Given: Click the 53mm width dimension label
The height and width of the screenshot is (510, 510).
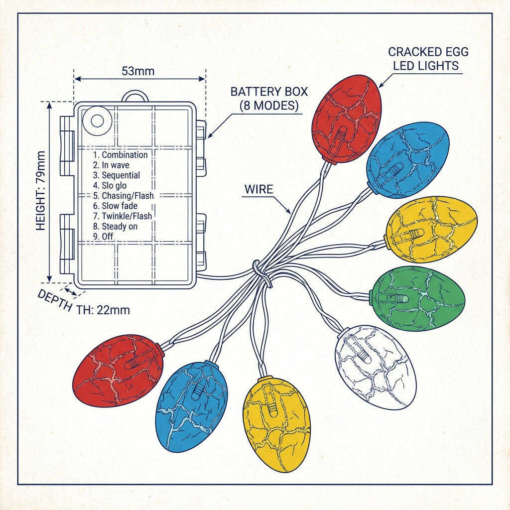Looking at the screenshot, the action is tap(138, 71).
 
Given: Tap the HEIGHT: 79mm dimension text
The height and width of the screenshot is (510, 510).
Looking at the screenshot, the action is tap(40, 191).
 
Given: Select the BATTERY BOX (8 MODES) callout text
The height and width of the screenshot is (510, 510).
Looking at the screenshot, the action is tap(269, 99).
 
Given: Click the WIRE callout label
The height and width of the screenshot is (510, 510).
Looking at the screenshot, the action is tap(258, 189).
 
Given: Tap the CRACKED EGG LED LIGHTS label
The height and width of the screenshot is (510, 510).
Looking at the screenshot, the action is tap(428, 59).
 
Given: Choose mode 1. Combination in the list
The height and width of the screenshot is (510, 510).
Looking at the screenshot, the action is tap(121, 155).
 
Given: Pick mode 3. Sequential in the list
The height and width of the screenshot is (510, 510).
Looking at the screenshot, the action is tap(117, 175).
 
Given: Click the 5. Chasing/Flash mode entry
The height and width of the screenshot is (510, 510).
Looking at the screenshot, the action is tap(124, 196).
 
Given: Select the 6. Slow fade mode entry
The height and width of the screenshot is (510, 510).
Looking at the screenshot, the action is tap(115, 206).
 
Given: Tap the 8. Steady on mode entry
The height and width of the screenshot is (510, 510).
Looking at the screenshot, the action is tap(115, 227).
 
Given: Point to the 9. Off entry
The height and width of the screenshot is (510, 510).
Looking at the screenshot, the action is tap(103, 237).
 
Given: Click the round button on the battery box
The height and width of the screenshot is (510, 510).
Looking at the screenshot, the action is tap(97, 121).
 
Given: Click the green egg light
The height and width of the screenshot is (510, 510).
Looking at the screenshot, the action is tap(418, 299).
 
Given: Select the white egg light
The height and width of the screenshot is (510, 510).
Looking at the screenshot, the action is tap(376, 368).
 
